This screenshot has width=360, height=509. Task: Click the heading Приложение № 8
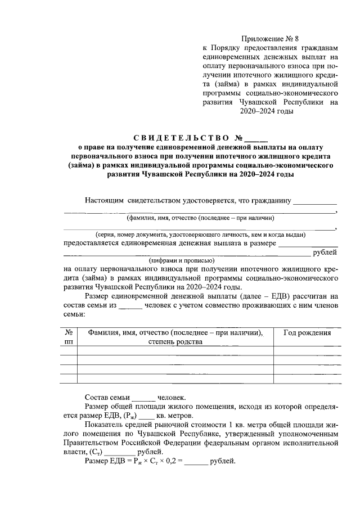pos(269,39)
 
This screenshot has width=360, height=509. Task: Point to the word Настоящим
pos(105,200)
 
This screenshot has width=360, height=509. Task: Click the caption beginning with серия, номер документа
pos(200,234)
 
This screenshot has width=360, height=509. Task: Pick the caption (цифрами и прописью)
pos(181,260)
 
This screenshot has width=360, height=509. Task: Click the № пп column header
pos(69,337)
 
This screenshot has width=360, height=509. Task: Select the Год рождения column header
pos(307,333)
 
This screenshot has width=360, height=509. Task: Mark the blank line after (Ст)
pos(120,452)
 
